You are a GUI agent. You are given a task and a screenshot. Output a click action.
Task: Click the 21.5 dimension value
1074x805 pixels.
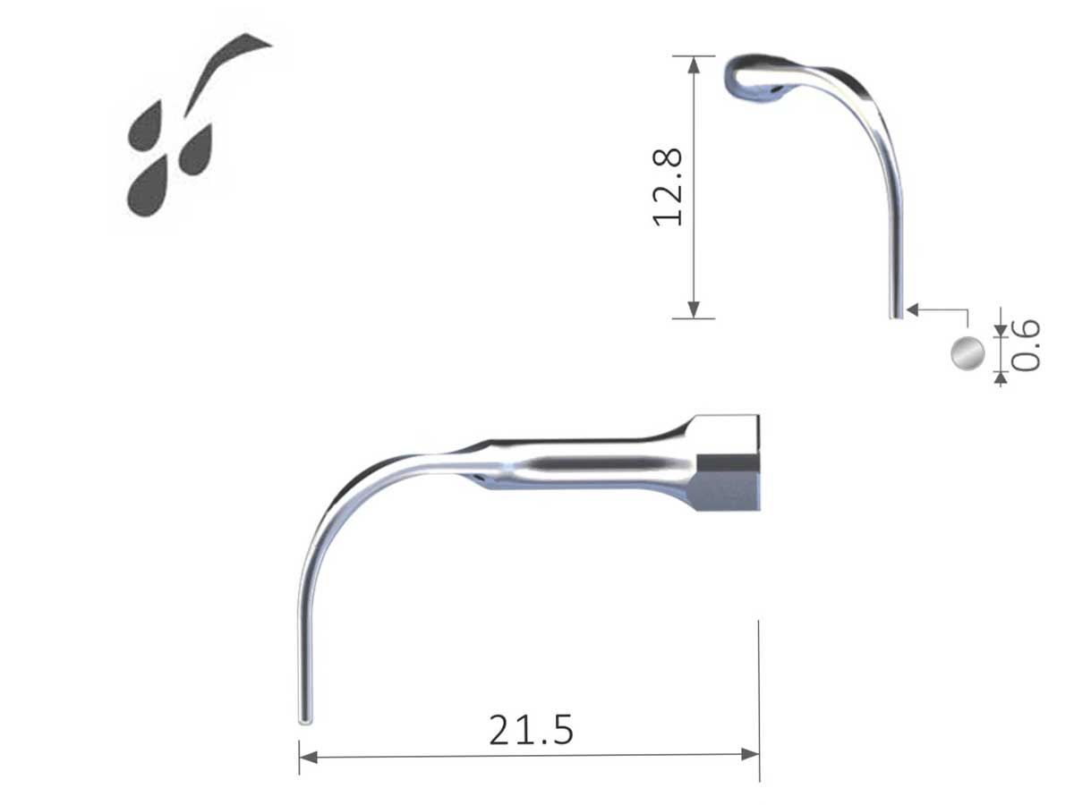(x=531, y=729)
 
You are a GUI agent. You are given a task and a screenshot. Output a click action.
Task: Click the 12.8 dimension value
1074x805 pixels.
(x=669, y=187)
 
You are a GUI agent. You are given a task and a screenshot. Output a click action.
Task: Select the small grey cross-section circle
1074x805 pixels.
(x=967, y=353)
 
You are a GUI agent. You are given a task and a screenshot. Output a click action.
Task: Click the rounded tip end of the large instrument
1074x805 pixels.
(x=303, y=716)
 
